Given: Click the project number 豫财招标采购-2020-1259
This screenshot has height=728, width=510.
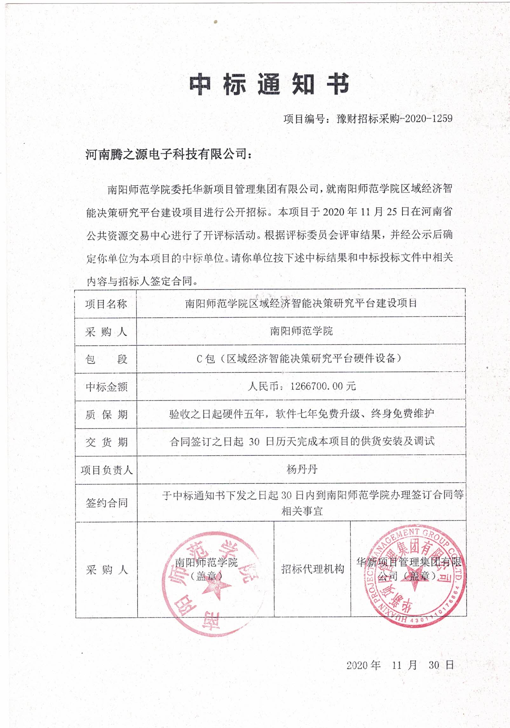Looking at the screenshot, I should point(394,119).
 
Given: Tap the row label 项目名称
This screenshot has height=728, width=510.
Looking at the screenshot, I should point(106,304).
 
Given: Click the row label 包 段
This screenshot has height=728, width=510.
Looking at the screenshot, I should point(106,360).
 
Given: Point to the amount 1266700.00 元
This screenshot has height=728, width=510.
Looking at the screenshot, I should point(323,386).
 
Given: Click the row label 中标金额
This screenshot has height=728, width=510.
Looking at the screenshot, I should point(106,387).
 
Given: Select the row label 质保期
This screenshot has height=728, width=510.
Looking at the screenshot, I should point(106,415).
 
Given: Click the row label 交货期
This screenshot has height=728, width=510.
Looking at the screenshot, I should point(106,442).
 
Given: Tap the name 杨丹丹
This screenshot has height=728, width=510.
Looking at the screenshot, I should point(302,469).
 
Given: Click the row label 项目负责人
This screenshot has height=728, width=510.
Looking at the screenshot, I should point(106,470).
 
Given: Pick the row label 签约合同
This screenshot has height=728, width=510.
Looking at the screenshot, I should point(106,503).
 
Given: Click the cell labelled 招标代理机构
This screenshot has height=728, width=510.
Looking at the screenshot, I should point(312,569).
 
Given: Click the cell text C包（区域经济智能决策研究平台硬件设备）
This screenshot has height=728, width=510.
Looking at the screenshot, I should point(299,359).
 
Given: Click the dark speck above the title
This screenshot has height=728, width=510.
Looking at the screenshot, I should point(216,22).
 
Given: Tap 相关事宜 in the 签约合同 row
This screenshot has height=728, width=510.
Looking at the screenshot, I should point(302,511).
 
